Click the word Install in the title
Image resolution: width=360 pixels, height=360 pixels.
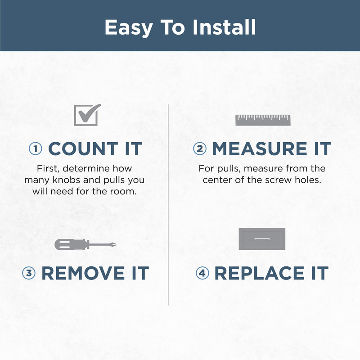click(224, 27)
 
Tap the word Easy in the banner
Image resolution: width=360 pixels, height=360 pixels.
click(129, 28)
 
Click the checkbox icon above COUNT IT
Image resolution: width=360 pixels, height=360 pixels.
click(87, 115)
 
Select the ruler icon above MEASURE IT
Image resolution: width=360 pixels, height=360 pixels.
click(263, 120)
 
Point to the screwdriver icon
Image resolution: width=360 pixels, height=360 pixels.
click(85, 244)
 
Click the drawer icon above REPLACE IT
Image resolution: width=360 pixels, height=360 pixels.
click(262, 239)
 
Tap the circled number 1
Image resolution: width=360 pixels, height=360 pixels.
click(36, 149)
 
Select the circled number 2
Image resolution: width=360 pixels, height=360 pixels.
click(199, 149)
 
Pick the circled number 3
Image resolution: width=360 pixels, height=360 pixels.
click(29, 273)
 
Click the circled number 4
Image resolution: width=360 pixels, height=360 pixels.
click(202, 273)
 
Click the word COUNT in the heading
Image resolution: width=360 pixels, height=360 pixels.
click(83, 149)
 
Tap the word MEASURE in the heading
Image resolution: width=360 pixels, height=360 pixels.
click(260, 149)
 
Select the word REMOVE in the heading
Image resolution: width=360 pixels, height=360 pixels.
click(83, 273)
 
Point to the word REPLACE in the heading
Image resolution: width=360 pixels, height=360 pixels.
click(260, 273)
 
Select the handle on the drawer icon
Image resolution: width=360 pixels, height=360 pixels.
click(262, 239)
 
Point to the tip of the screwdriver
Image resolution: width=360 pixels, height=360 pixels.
click(116, 244)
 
